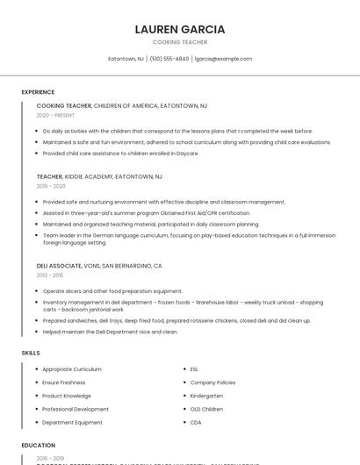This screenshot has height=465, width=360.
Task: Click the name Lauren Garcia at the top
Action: (180, 29)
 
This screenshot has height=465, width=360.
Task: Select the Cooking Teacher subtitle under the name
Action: (180, 42)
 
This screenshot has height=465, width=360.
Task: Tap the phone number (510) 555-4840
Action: (169, 59)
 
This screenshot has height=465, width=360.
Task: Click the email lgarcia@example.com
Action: (223, 59)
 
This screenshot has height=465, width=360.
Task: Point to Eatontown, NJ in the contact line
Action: (126, 59)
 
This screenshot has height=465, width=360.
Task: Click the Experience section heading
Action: (38, 92)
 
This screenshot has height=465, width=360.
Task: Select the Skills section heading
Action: (31, 353)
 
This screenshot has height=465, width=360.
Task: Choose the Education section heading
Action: (39, 445)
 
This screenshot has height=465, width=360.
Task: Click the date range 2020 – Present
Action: (55, 115)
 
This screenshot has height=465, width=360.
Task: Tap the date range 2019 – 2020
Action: (51, 186)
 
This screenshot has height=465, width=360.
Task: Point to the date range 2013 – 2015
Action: (50, 275)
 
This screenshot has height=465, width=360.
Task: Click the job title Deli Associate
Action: (58, 265)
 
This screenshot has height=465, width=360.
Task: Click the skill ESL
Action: (194, 369)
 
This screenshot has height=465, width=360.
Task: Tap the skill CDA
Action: (195, 422)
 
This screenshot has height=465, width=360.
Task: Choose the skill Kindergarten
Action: (206, 396)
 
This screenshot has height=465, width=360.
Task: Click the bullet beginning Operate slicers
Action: (112, 291)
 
